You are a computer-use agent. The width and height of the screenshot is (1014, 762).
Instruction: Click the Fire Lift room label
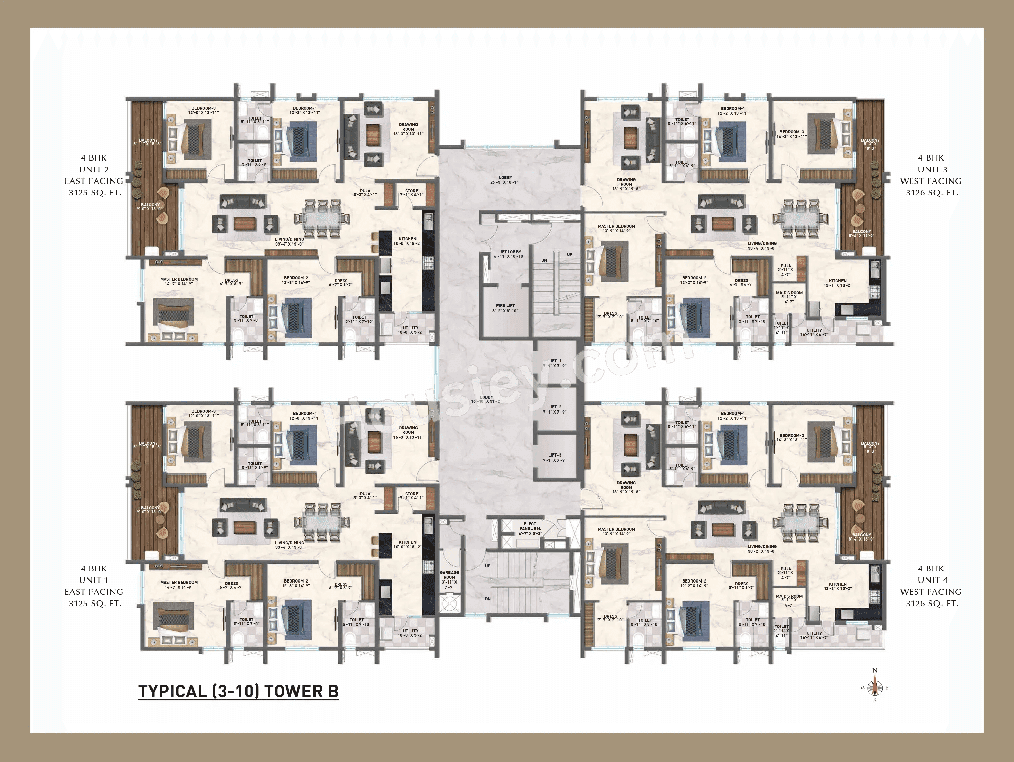coord(505,308)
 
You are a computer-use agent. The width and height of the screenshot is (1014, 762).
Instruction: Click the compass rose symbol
coord(875,687)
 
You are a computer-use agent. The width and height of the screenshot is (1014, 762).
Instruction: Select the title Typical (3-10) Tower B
coord(238,691)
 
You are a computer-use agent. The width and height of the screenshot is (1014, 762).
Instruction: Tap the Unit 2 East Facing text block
coord(94,175)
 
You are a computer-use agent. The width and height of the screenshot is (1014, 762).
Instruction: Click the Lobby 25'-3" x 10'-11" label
coord(505,179)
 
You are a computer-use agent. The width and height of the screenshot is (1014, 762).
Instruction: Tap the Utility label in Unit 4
coord(814,635)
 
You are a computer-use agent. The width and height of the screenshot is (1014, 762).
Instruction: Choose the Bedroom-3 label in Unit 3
coord(791,134)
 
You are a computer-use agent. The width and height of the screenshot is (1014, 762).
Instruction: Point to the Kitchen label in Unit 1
coord(407,544)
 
